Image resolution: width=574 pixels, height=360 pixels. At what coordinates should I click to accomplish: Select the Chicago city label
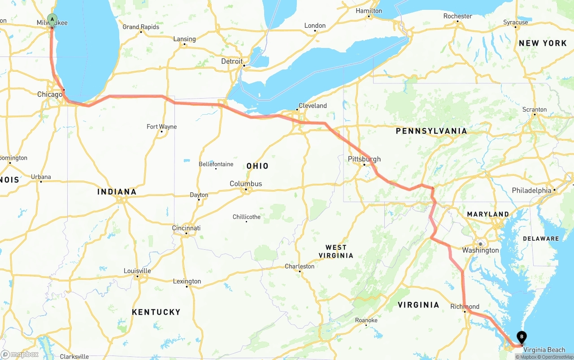50,95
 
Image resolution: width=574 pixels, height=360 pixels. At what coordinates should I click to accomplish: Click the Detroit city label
232,61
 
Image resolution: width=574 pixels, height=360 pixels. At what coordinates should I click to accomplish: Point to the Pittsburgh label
364,159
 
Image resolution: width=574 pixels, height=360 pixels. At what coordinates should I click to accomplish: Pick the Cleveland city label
313,106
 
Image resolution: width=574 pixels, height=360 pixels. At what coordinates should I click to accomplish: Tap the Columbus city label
246,184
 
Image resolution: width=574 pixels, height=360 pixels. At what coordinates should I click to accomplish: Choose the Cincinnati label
186,228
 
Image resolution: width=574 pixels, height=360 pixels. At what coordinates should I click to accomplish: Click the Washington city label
480,250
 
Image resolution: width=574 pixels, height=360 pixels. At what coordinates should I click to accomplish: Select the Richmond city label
465,307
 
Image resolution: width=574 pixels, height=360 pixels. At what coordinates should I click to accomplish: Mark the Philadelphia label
531,191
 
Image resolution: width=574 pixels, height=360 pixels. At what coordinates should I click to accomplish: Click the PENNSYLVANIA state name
431,131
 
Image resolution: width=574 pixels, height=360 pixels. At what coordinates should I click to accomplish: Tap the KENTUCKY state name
156,312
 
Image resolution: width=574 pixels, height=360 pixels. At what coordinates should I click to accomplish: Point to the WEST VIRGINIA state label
336,252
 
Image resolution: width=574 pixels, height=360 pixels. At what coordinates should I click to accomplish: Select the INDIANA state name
117,192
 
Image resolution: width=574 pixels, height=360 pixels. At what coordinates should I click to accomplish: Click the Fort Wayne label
161,127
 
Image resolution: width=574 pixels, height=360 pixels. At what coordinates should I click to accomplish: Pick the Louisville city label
137,271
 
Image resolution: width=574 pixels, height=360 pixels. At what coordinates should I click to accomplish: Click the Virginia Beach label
544,350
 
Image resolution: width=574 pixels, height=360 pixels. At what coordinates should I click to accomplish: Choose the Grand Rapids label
141,27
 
